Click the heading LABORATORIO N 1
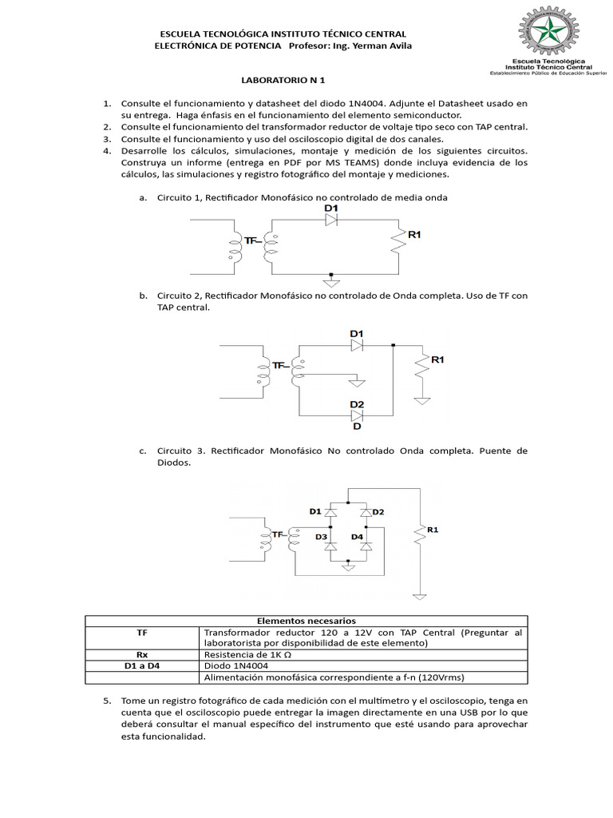283,81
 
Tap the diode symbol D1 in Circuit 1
330,223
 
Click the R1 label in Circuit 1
414,235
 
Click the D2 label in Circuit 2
357,404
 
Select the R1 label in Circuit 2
437,360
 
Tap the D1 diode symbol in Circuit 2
357,345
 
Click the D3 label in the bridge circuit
320,537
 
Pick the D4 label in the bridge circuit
357,537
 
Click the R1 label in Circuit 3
433,530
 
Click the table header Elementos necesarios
306,621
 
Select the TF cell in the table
142,632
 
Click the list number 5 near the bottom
106,701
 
